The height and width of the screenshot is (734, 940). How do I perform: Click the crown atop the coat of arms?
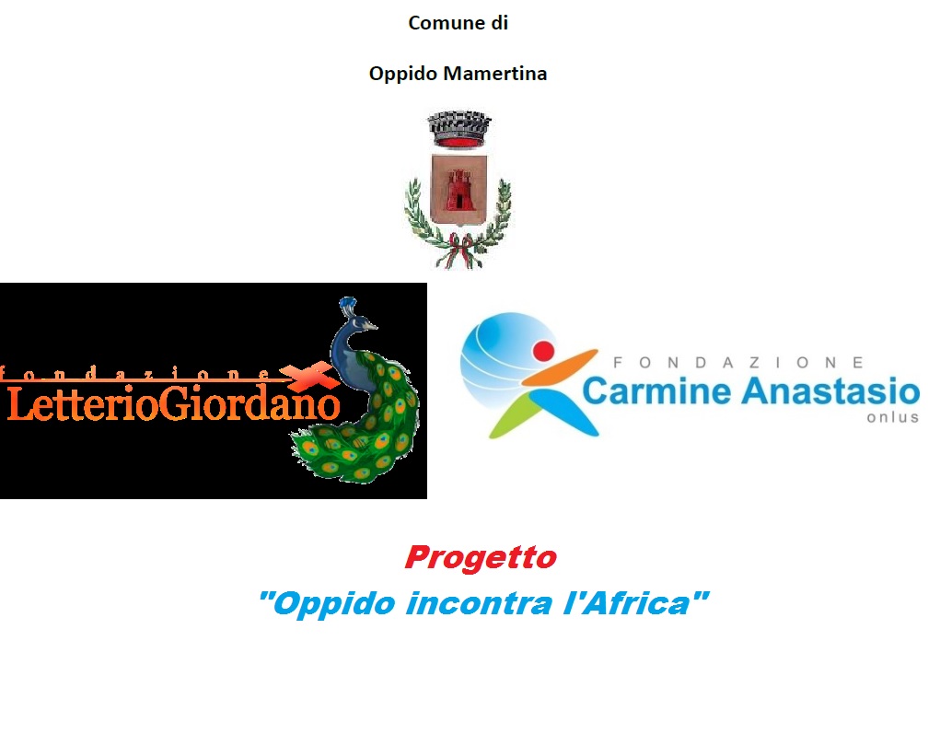tap(459, 128)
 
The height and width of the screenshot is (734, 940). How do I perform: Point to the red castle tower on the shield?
tap(458, 188)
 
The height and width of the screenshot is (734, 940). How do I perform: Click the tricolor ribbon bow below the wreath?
tap(458, 250)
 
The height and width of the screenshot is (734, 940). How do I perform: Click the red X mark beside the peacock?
tap(309, 376)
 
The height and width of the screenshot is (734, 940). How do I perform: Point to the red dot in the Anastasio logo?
tap(544, 350)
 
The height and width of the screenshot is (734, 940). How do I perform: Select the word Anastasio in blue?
tap(830, 391)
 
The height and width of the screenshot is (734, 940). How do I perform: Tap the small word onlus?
tap(893, 417)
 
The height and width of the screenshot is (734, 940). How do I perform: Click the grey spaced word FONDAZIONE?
tap(738, 363)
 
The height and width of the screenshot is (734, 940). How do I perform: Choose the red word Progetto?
tap(481, 558)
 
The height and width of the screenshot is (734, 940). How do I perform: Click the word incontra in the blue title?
tap(479, 603)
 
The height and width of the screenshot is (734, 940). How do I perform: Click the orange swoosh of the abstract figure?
tap(561, 367)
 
